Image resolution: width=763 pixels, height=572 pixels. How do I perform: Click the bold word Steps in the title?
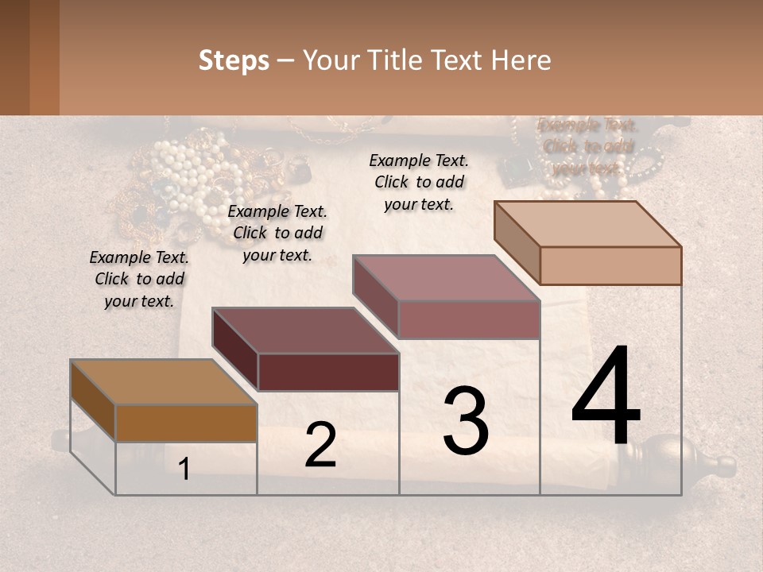pyautogui.click(x=234, y=60)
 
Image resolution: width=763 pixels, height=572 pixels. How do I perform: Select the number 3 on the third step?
pyautogui.click(x=466, y=421)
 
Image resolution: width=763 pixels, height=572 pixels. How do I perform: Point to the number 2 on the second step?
pyautogui.click(x=320, y=445)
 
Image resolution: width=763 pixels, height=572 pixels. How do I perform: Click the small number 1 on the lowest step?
pyautogui.click(x=184, y=470)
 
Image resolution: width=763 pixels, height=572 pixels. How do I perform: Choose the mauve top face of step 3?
pyautogui.click(x=445, y=278)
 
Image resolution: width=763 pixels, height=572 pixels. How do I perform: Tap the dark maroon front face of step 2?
pyautogui.click(x=328, y=372)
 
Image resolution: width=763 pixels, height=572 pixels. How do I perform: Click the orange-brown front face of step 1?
pyautogui.click(x=186, y=423)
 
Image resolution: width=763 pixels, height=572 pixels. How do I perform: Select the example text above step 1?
pyautogui.click(x=139, y=279)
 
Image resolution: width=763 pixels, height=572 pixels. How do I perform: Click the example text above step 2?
pyautogui.click(x=277, y=233)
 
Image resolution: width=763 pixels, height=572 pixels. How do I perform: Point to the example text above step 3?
pyautogui.click(x=419, y=182)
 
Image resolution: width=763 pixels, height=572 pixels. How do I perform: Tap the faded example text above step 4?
pyautogui.click(x=587, y=146)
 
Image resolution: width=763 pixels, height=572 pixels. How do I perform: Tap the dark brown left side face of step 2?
pyautogui.click(x=235, y=350)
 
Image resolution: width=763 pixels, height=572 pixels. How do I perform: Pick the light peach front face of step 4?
pyautogui.click(x=610, y=265)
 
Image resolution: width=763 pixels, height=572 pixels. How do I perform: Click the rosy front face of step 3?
pyautogui.click(x=469, y=319)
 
